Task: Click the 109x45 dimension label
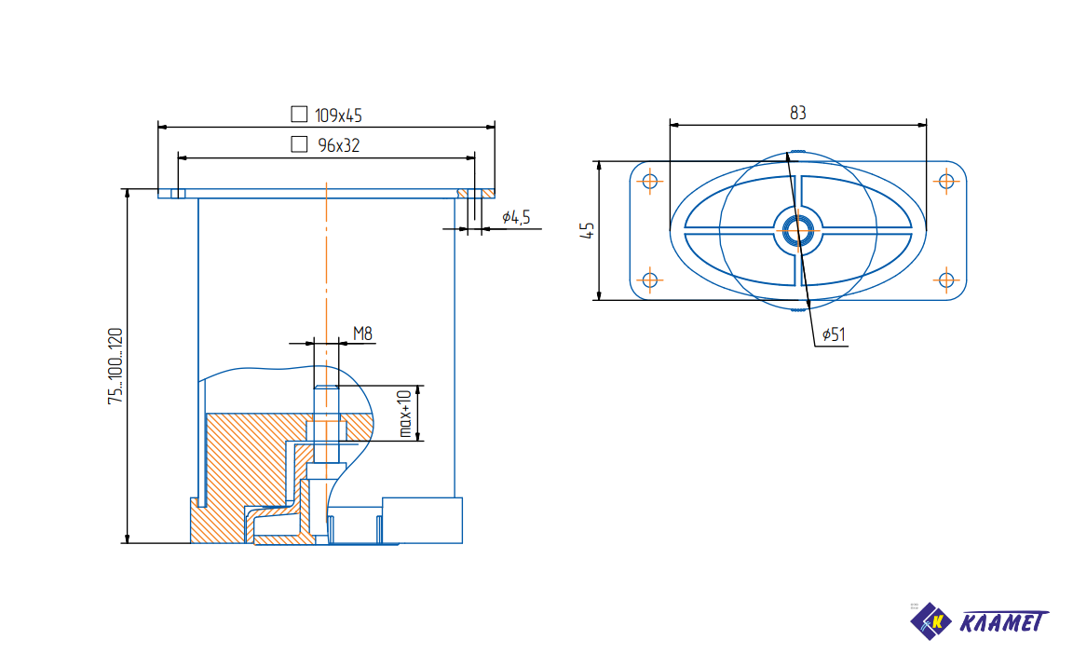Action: pyautogui.click(x=338, y=116)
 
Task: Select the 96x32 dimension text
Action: pyautogui.click(x=339, y=145)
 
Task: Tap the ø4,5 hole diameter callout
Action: pyautogui.click(x=516, y=218)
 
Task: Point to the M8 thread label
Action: pyautogui.click(x=362, y=334)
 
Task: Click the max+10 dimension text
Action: pyautogui.click(x=406, y=414)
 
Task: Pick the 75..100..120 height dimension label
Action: pyautogui.click(x=115, y=366)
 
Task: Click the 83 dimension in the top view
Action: pyautogui.click(x=798, y=113)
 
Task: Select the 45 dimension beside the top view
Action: pyautogui.click(x=587, y=230)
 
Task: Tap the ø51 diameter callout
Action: pyautogui.click(x=834, y=334)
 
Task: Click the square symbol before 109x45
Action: pyautogui.click(x=299, y=114)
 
